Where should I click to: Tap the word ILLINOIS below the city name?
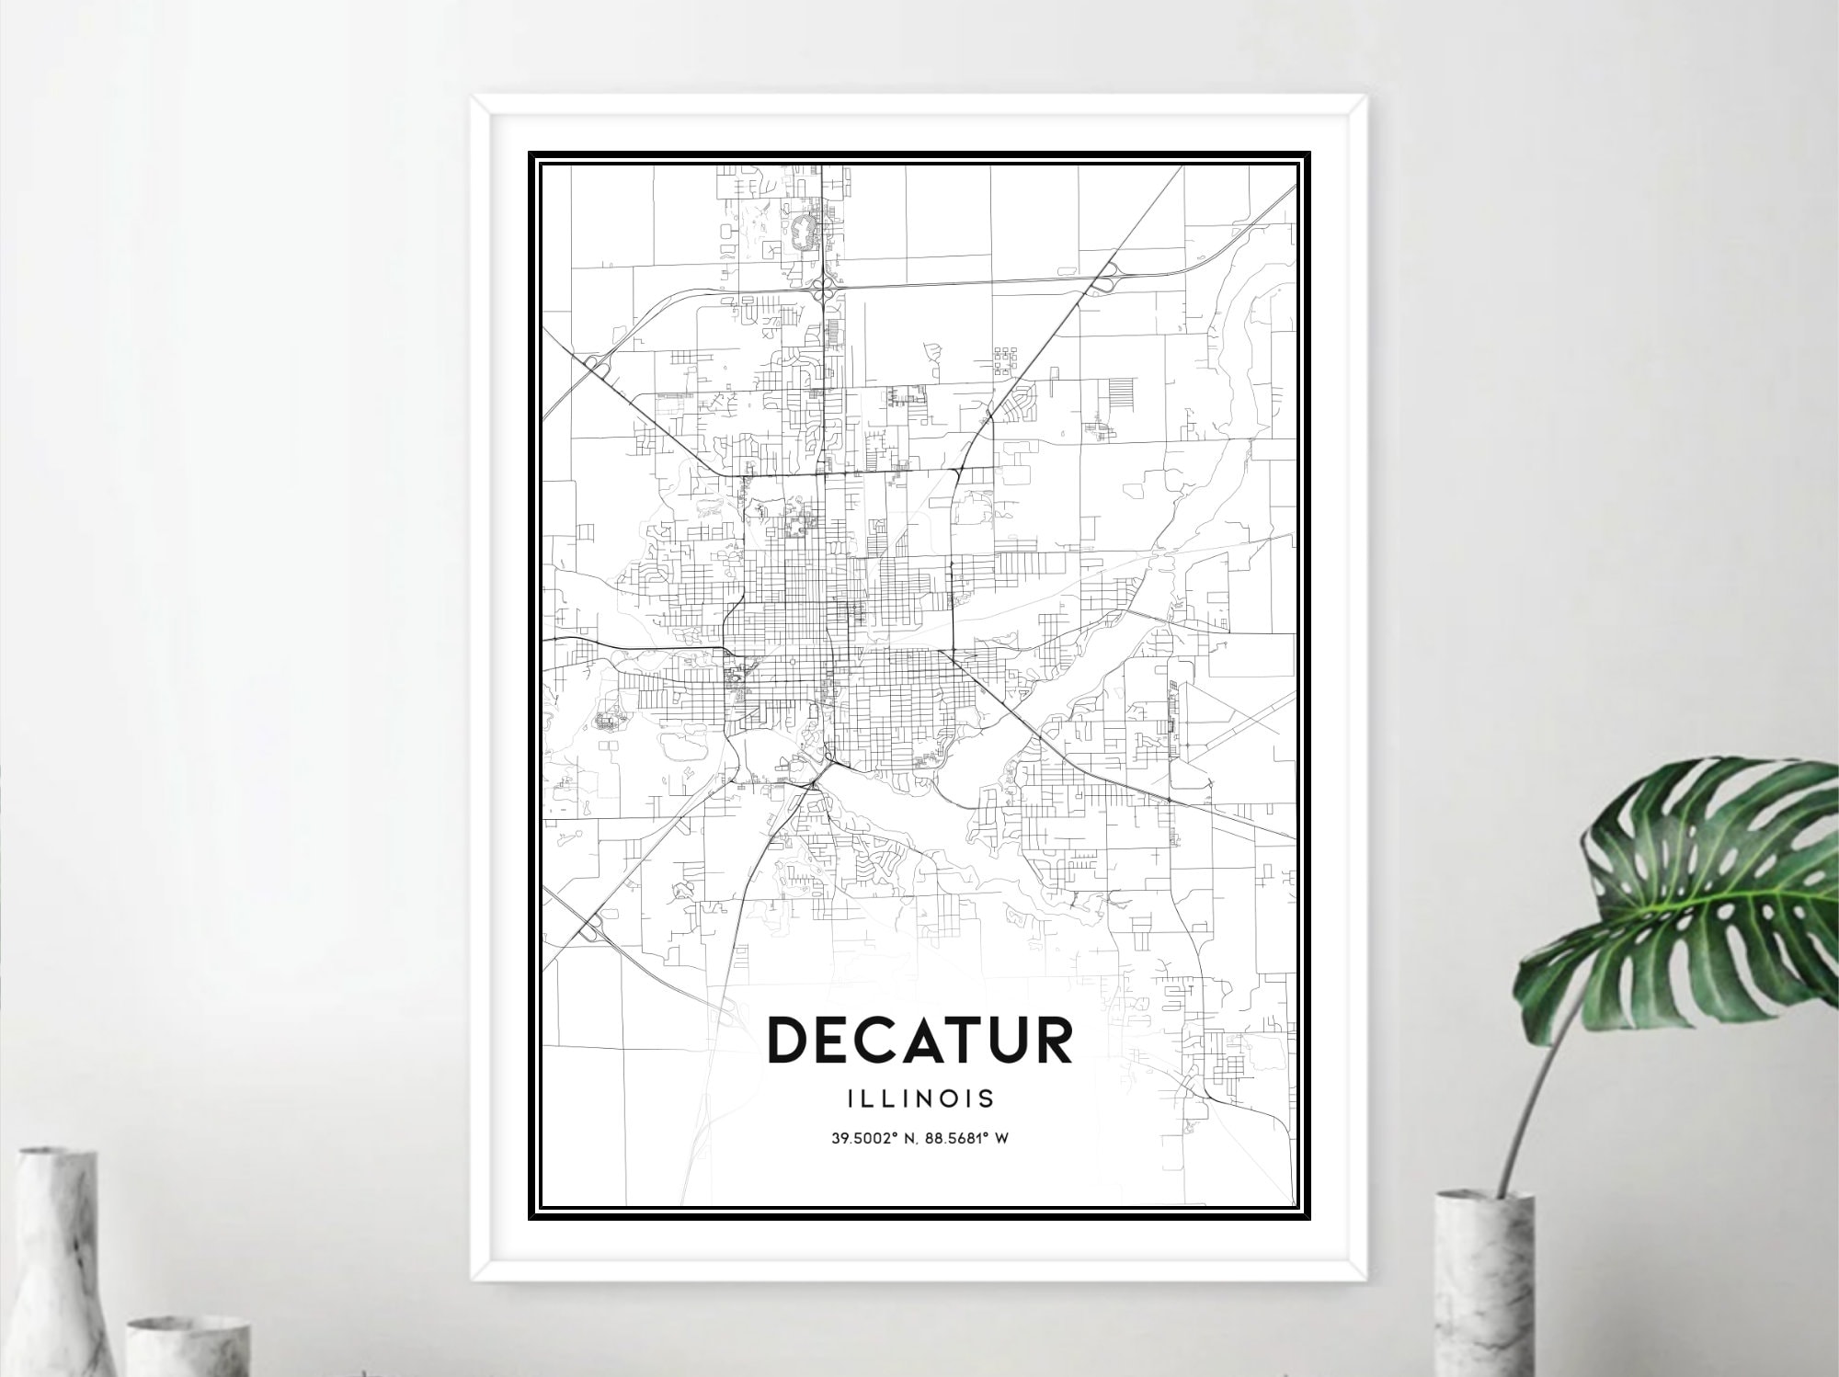click(919, 1098)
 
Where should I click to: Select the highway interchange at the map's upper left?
click(595, 364)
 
